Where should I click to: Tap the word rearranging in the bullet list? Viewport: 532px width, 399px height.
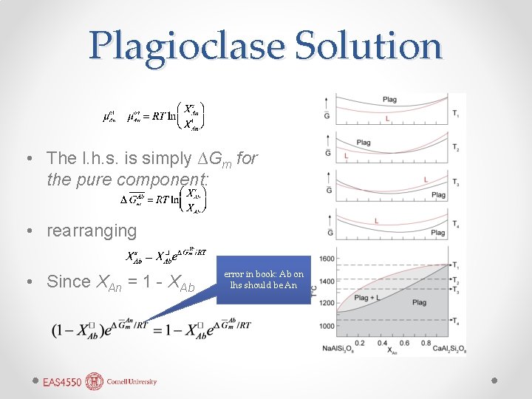tap(92, 231)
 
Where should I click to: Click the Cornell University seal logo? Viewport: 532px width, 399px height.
tap(94, 381)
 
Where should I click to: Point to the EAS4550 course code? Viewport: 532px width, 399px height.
tap(63, 382)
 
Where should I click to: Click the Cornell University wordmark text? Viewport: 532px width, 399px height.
tap(131, 382)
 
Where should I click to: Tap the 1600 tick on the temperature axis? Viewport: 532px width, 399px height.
tap(327, 259)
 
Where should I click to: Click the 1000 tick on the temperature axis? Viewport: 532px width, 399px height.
tap(327, 326)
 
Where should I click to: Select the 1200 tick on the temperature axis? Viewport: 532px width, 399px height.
tap(327, 304)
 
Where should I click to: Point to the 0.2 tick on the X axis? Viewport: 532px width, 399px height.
tap(360, 342)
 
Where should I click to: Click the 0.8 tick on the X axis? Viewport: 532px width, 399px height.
tap(426, 342)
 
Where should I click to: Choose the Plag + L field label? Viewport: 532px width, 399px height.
tap(366, 298)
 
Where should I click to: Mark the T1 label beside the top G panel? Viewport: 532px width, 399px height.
tap(456, 114)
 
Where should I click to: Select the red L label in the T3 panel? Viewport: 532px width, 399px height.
tap(426, 179)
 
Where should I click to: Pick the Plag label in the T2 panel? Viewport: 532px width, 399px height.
tap(364, 143)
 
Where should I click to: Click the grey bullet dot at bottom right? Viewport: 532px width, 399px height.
tap(494, 380)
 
